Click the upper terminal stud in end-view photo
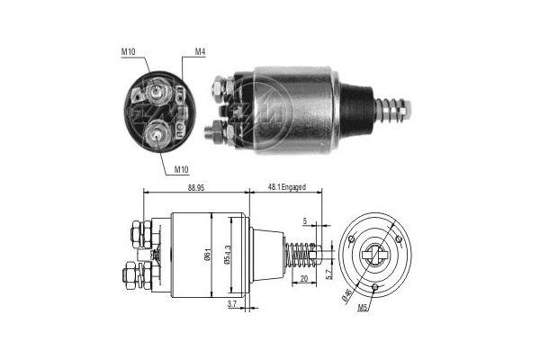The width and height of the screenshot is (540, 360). pos(158,90)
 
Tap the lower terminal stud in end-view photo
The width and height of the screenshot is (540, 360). pos(158,135)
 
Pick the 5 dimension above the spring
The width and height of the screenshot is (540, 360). pos(304,220)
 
